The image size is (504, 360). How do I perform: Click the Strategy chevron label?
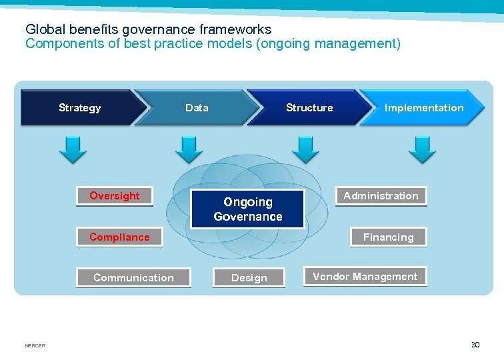pos(80,108)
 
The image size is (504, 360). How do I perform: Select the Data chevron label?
pos(197,108)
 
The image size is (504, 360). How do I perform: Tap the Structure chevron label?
pos(309,108)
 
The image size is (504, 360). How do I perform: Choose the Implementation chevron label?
pos(424,108)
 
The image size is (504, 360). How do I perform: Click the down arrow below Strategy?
pos(73,149)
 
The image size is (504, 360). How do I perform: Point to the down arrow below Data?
pos(189,149)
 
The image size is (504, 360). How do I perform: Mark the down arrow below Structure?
pos(305,149)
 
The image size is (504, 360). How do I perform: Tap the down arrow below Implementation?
pos(422,149)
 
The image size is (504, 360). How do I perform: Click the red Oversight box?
pos(115,195)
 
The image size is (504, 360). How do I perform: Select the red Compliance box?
pos(119,237)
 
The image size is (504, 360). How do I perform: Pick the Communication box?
pos(133,277)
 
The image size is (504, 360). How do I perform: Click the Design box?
pos(249,277)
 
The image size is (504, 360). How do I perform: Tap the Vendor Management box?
pos(365,277)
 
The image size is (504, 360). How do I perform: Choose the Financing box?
pos(388,237)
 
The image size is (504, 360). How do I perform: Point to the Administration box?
pos(381,195)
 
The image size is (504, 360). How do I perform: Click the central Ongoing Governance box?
pos(247,209)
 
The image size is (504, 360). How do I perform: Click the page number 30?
pos(475,345)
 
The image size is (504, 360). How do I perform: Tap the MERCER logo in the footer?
pos(35,345)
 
